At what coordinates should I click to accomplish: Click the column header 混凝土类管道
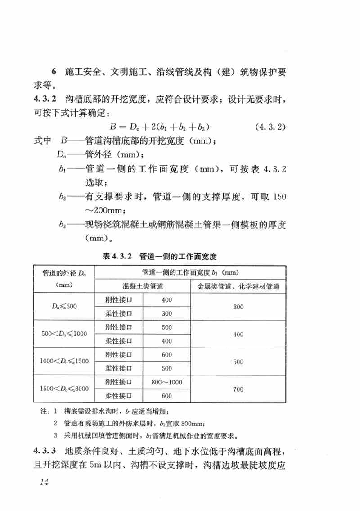click(143, 285)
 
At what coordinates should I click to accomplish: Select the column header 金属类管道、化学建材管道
click(238, 285)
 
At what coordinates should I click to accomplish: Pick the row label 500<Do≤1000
click(64, 334)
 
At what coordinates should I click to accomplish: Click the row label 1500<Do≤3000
click(64, 388)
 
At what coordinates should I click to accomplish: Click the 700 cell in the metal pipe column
click(238, 388)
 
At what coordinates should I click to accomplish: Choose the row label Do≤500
click(64, 307)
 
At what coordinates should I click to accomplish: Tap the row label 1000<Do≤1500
click(64, 361)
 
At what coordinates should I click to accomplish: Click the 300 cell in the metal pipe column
click(238, 307)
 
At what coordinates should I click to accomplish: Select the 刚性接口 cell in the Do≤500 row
click(118, 300)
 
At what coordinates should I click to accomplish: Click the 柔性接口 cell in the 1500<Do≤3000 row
click(118, 395)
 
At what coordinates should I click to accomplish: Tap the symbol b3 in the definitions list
click(62, 224)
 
